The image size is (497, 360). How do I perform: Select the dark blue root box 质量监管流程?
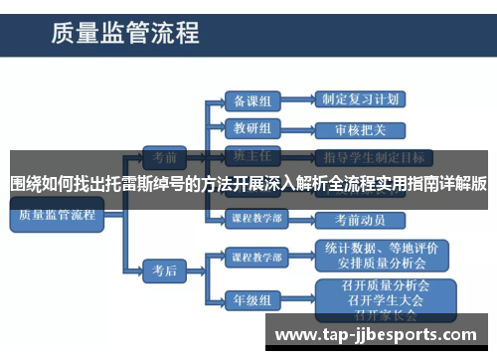[56, 215]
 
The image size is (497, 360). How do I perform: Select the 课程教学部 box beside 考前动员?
[254, 219]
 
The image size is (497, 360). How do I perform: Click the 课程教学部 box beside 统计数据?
[254, 256]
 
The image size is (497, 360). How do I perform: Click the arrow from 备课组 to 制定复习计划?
[296, 100]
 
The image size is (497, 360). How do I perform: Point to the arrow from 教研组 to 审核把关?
[296, 129]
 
